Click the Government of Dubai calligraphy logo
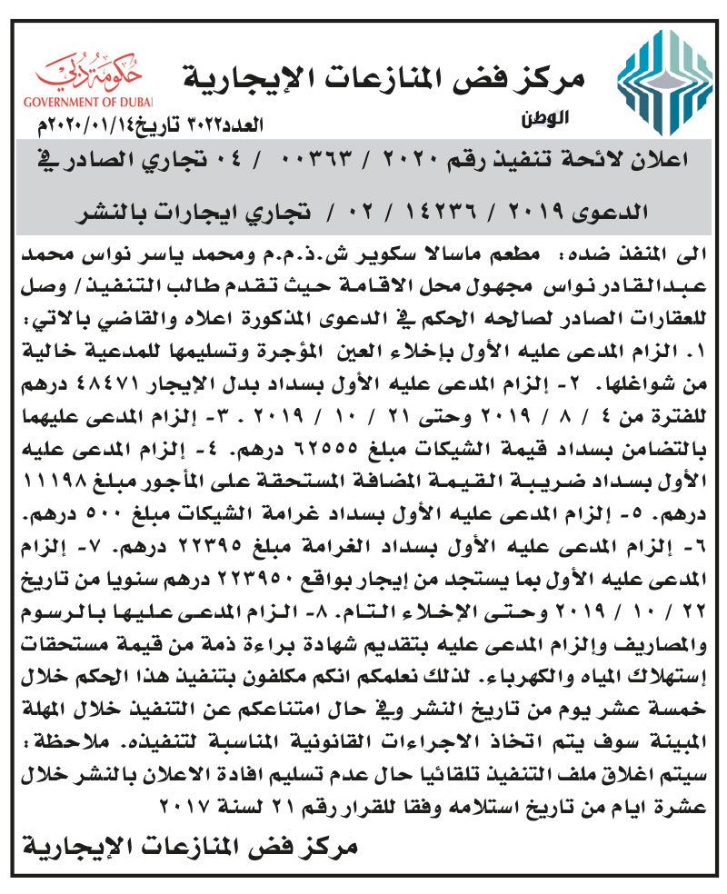pos(92,70)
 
